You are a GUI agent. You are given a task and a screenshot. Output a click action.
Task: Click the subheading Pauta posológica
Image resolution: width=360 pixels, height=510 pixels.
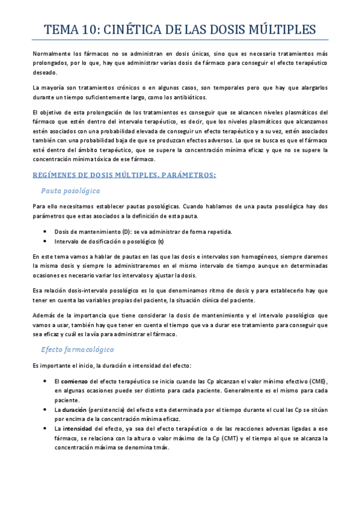[70, 191]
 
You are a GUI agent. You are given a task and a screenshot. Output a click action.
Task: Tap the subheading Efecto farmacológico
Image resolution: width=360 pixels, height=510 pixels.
[78, 349]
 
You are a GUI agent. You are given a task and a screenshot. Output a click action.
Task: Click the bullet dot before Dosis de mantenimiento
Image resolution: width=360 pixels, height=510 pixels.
[46, 232]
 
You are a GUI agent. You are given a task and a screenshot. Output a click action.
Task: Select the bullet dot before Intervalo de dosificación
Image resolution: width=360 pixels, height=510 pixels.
[46, 242]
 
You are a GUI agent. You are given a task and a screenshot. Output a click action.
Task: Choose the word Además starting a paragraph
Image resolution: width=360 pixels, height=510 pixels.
[44, 315]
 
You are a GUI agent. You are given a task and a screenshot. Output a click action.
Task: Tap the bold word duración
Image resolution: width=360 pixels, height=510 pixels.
[74, 409]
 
